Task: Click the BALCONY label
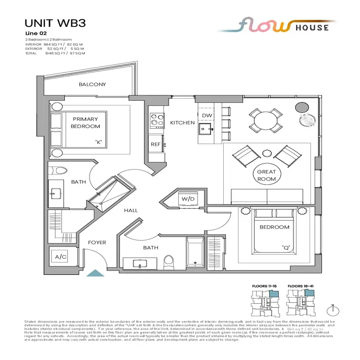pyautogui.click(x=92, y=85)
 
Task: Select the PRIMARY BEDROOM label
pyautogui.click(x=85, y=123)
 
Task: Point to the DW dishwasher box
pyautogui.click(x=207, y=116)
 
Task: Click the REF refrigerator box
pyautogui.click(x=155, y=144)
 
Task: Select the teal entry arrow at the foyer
pyautogui.click(x=95, y=273)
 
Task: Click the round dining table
pyautogui.click(x=265, y=121)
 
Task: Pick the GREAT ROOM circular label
pyautogui.click(x=266, y=175)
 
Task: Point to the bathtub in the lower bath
pyautogui.click(x=194, y=253)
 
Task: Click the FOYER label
pyautogui.click(x=97, y=243)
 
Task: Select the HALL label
pyautogui.click(x=131, y=210)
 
